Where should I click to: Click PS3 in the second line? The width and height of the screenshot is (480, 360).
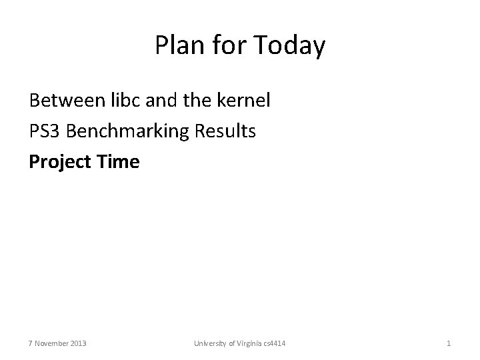(x=45, y=131)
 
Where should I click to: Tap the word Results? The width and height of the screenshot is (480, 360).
(x=223, y=131)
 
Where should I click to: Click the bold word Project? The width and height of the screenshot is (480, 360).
(x=61, y=161)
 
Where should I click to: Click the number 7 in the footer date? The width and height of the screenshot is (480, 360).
(x=31, y=343)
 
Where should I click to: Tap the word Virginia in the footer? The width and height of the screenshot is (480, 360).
(x=253, y=343)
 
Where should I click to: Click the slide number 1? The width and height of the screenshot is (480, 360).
(x=449, y=343)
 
